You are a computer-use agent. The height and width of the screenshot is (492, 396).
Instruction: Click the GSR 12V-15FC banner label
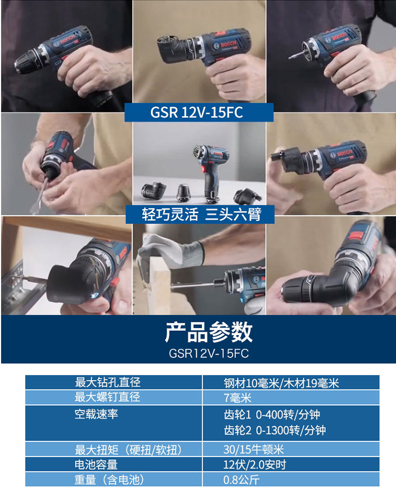point(199,113)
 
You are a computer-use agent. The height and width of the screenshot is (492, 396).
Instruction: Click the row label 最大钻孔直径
point(108,382)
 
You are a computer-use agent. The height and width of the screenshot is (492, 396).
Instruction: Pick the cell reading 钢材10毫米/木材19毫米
point(281,383)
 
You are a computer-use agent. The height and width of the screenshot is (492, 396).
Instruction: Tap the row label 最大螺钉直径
point(108,397)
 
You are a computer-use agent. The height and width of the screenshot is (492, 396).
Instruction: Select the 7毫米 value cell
point(238,397)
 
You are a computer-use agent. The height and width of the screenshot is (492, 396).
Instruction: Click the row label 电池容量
point(96,465)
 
